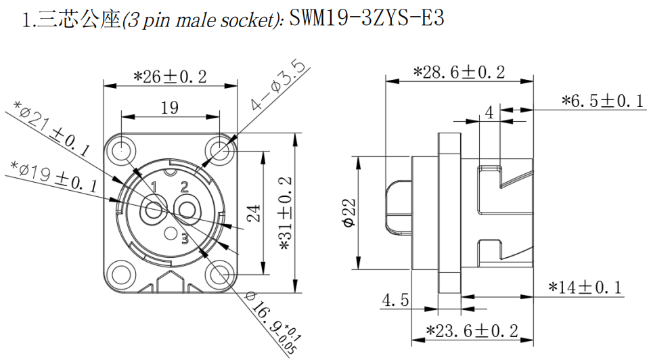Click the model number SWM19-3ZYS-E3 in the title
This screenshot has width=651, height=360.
pos(367,18)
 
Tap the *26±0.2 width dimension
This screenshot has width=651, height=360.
pos(170,77)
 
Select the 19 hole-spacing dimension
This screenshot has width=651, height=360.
pos(170,108)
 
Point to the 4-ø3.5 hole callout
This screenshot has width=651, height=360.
pos(277,85)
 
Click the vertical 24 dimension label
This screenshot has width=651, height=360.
pos(254,213)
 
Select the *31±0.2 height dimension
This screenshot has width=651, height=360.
pos(286,214)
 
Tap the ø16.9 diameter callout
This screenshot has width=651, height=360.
pos(273,322)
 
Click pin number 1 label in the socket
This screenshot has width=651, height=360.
pos(154,187)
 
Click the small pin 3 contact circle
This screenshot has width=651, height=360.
pos(171,233)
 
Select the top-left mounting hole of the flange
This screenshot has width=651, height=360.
pos(121,148)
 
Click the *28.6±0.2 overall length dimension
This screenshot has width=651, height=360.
pos(459,72)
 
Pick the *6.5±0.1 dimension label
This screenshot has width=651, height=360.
pos(602,101)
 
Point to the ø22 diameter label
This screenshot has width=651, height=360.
pos(350,213)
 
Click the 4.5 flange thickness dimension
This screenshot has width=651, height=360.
pos(395,300)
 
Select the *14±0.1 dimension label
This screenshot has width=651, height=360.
pos(585,288)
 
